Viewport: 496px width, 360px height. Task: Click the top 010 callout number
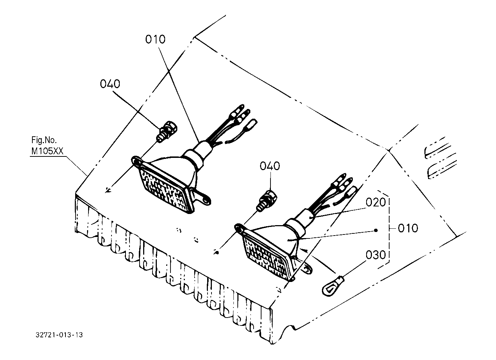coord(155,39)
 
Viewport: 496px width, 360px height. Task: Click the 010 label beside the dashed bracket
coord(408,228)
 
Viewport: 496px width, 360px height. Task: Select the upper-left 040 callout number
coord(110,84)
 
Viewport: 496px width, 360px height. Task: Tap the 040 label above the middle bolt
coord(270,166)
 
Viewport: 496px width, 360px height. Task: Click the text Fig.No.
coord(44,140)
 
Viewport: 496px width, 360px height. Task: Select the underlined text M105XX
coord(47,151)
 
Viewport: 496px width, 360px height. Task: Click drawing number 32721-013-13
coord(59,335)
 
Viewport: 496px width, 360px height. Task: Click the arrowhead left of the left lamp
coord(108,191)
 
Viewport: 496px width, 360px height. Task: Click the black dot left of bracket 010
coord(375,230)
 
